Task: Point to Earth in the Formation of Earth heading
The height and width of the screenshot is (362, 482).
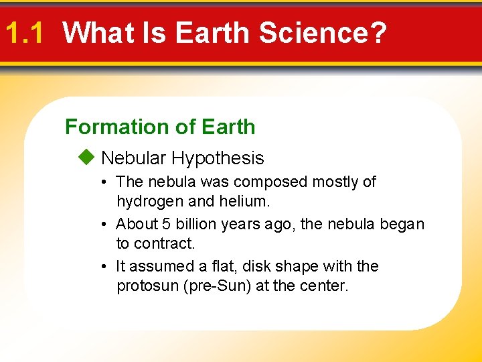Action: pos(228,127)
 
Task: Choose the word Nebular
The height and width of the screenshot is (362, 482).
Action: pos(133,158)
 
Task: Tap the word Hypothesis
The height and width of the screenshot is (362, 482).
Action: pos(218,159)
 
